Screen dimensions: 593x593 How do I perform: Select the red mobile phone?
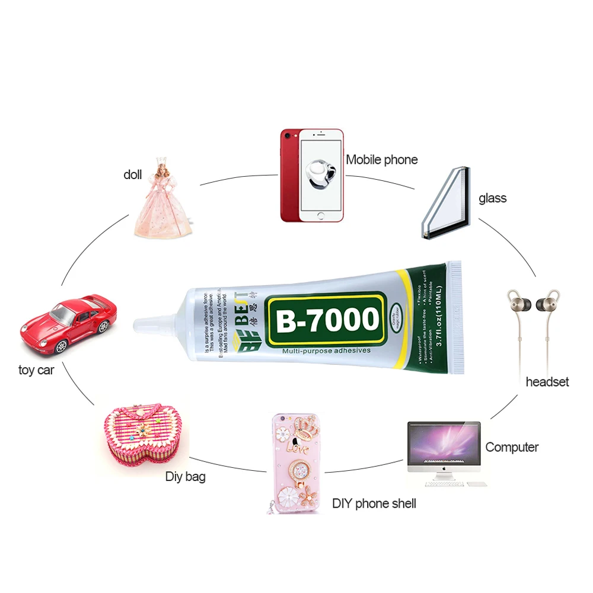click(x=311, y=176)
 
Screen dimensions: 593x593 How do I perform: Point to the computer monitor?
click(x=444, y=445)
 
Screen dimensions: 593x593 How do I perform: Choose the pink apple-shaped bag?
click(x=142, y=433)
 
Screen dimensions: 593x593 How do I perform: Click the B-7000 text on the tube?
click(x=326, y=320)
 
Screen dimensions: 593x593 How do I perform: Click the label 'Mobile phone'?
click(x=382, y=160)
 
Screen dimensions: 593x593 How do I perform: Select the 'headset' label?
click(x=547, y=382)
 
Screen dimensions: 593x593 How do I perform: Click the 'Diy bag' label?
click(x=186, y=476)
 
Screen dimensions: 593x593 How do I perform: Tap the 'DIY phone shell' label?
click(x=374, y=504)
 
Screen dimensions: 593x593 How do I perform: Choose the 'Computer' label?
click(x=512, y=447)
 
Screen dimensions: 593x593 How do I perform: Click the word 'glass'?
click(x=492, y=198)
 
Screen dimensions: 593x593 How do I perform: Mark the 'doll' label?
click(x=133, y=174)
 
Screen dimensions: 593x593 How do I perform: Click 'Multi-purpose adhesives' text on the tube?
click(x=326, y=351)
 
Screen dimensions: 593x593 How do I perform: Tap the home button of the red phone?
click(x=321, y=215)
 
